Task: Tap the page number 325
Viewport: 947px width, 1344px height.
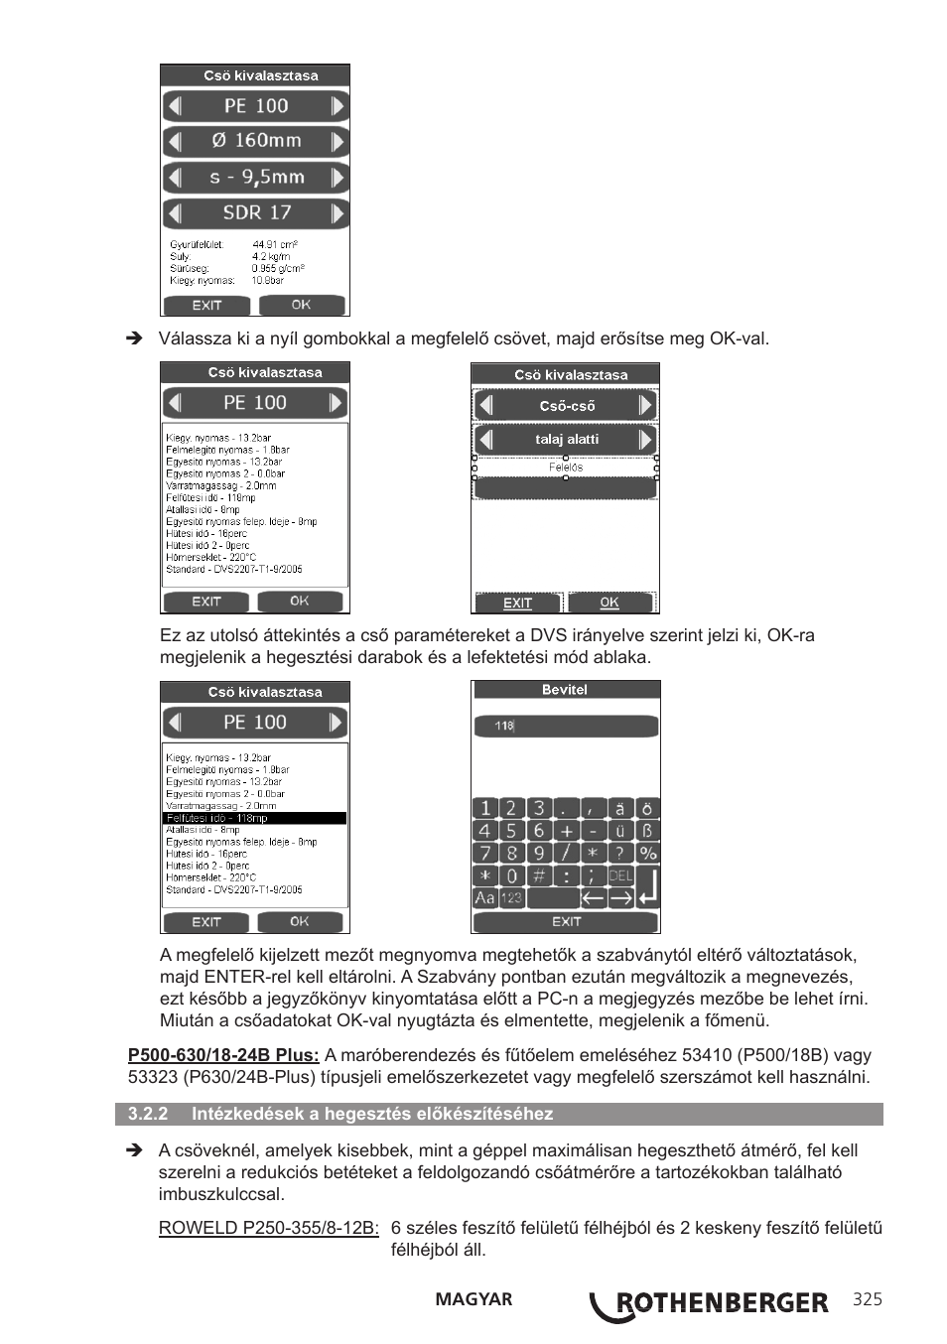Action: point(867,1300)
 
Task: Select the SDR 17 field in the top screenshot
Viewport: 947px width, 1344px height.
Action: point(256,212)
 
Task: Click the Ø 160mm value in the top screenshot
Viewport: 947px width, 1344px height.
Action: point(256,141)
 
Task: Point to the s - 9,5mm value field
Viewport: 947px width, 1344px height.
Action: point(256,177)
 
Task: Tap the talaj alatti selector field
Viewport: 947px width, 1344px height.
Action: point(566,439)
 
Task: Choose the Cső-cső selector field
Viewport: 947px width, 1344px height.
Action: point(566,405)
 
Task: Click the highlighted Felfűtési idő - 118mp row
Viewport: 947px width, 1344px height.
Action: point(255,818)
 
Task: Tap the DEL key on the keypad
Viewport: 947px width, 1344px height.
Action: point(620,875)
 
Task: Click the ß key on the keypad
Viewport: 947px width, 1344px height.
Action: point(647,831)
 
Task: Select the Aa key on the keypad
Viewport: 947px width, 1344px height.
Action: point(484,897)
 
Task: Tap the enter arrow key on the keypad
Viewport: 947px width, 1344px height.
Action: point(647,886)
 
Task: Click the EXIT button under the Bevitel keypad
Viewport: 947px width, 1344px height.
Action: point(566,922)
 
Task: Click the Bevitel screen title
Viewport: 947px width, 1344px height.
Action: point(565,690)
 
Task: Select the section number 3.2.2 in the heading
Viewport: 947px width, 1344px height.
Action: point(148,1114)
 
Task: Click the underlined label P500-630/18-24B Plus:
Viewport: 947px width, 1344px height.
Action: point(223,1055)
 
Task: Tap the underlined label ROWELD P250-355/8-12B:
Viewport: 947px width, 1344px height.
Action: point(269,1228)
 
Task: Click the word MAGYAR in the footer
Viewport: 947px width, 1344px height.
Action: point(473,1299)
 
